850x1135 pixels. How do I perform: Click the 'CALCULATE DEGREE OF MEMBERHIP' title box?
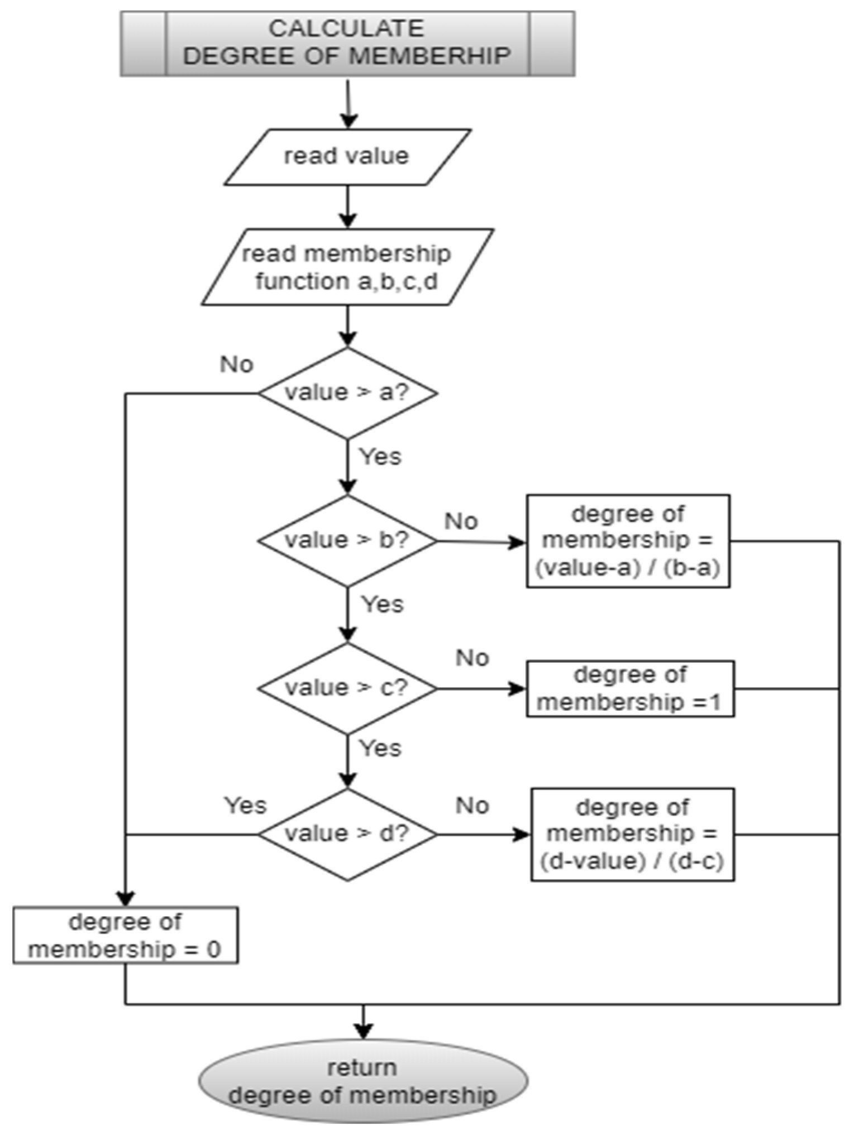coord(347,44)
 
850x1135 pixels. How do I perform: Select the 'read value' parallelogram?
coord(347,157)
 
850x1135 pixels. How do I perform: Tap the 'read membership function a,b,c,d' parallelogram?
coord(347,267)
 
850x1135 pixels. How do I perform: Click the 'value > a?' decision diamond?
coord(347,392)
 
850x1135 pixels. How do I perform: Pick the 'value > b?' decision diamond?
coord(347,540)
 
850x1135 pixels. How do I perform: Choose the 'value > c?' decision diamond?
coord(347,688)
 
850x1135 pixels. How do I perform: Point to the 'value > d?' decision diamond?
coord(347,834)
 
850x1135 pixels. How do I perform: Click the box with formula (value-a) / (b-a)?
coord(628,540)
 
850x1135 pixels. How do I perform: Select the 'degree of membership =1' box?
coord(629,688)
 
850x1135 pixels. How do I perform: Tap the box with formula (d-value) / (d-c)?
coord(632,834)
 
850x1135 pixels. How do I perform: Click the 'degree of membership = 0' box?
coord(126,936)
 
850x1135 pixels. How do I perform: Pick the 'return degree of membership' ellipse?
coord(363,1081)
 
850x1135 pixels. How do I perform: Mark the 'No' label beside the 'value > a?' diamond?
coord(237,365)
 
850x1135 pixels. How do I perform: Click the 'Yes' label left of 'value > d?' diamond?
coord(245,805)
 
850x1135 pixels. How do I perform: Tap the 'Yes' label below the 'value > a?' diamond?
coord(380,456)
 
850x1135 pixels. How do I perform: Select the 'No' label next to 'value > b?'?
coord(461,521)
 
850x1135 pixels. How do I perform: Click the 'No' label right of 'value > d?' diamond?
coord(472,806)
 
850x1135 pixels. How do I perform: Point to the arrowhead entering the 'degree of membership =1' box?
coord(518,688)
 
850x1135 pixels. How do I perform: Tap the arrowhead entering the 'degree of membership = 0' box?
coord(126,899)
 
